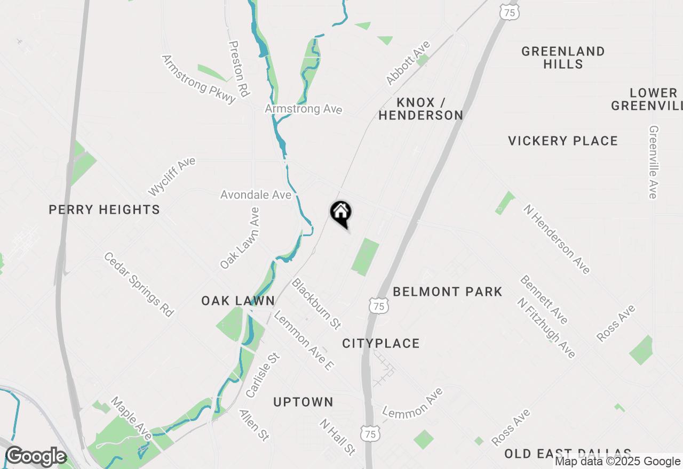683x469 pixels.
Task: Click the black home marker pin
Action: (340, 213)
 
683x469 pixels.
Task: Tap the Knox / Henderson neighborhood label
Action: (421, 109)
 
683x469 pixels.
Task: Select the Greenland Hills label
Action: (563, 58)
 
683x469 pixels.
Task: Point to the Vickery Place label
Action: (563, 141)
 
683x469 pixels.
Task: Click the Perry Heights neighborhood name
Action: (104, 209)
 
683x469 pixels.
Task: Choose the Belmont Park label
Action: (448, 292)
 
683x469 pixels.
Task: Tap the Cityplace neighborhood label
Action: (381, 343)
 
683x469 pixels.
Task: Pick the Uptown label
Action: (303, 402)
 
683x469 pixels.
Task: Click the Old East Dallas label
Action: (568, 454)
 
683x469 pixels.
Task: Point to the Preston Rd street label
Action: (239, 69)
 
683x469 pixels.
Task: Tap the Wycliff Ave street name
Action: (172, 176)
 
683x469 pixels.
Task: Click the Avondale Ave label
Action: (256, 195)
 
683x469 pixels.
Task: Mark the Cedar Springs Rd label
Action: (139, 285)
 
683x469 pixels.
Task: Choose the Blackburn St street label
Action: (316, 303)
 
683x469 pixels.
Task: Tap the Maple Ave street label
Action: (131, 418)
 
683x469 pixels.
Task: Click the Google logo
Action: (36, 457)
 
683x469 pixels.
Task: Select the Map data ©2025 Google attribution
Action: (617, 462)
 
